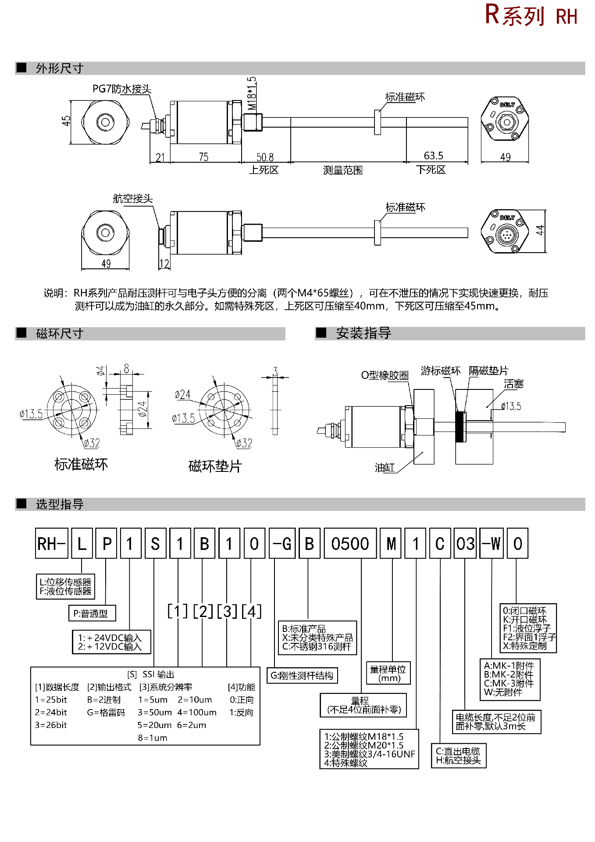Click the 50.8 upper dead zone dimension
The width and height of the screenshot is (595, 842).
point(265,157)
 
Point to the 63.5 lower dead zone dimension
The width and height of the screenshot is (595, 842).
point(433,156)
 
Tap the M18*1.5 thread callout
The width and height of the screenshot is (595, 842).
point(252,94)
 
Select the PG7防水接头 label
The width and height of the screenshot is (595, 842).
point(121,89)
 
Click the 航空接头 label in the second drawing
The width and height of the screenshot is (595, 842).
point(132,199)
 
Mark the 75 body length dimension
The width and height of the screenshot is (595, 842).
point(203,157)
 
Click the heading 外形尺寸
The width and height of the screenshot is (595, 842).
point(59,68)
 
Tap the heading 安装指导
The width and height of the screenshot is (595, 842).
point(363,333)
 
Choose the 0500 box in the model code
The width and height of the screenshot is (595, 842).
point(350,544)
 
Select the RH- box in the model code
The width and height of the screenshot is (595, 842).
point(51,544)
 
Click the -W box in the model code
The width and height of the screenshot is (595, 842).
point(492,544)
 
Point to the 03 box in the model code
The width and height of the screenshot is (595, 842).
point(465,544)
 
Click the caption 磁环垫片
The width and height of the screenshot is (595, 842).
point(215,466)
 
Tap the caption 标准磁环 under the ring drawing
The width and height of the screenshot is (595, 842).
point(81,464)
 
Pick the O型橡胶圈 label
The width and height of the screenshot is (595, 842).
point(385,375)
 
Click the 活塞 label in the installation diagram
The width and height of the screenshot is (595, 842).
point(513,384)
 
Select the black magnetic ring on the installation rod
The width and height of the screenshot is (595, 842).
point(460,427)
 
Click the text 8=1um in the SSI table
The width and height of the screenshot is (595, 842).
point(153,738)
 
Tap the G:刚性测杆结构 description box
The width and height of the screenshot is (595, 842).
point(302,675)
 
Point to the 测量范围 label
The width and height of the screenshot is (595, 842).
point(342,170)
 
